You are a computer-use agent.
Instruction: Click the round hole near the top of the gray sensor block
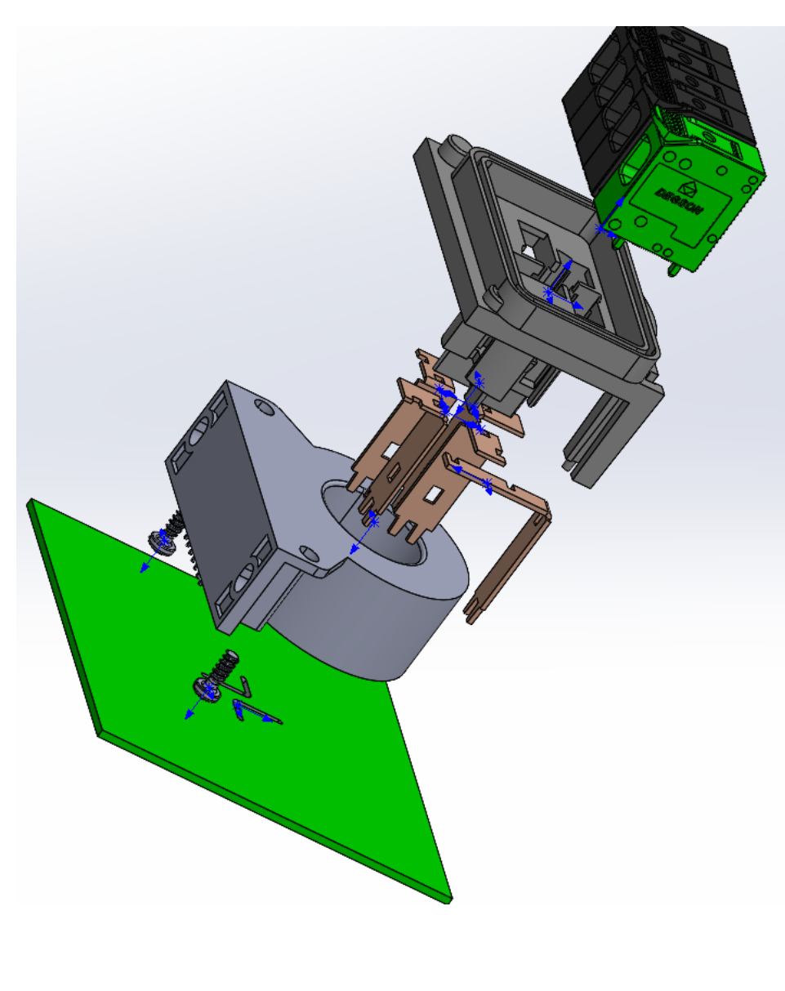262,405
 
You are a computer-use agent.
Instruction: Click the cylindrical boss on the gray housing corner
452,149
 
